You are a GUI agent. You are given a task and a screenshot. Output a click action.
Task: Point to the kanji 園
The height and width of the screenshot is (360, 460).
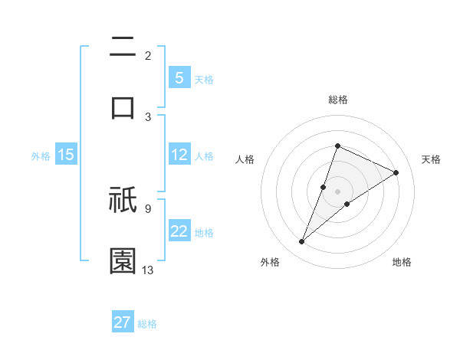click(123, 260)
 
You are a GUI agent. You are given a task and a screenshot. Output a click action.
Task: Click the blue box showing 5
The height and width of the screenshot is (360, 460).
click(179, 78)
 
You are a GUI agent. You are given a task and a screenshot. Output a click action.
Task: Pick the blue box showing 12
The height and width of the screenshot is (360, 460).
click(179, 155)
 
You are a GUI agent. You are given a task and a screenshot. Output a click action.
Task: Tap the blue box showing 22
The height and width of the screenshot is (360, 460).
click(179, 231)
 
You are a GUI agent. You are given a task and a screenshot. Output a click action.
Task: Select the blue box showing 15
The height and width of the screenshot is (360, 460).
click(66, 155)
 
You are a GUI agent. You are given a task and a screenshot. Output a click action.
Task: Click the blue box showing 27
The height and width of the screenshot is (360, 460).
click(123, 322)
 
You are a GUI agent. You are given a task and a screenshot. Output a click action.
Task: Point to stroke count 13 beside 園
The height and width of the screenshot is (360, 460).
click(148, 270)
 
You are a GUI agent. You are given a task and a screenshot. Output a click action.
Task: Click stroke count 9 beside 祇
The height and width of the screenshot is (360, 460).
click(147, 208)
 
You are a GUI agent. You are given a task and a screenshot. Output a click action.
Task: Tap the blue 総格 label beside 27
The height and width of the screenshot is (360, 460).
click(147, 324)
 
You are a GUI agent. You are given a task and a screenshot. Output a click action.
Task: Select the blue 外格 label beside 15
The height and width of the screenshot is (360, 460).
click(41, 156)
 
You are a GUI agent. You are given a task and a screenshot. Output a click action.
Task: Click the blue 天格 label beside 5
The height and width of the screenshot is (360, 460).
click(203, 80)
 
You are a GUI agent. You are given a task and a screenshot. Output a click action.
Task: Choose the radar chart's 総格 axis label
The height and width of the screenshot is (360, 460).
click(337, 100)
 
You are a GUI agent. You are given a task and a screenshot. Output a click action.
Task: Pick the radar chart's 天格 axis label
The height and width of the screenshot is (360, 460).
click(431, 159)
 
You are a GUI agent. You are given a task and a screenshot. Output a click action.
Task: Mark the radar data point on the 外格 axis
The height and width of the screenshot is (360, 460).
click(301, 242)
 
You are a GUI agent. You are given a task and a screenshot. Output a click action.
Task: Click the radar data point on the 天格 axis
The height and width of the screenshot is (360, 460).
click(396, 173)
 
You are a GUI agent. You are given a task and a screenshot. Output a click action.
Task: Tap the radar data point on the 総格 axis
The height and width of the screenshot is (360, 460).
click(337, 146)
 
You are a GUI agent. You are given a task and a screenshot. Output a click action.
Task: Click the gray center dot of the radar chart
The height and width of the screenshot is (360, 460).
click(337, 191)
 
